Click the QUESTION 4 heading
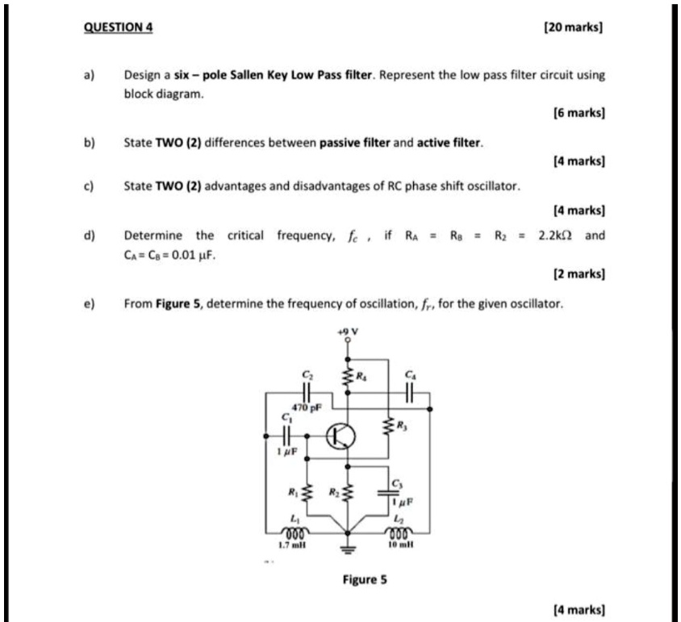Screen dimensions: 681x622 tap(119, 27)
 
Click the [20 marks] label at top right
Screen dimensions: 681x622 tap(574, 27)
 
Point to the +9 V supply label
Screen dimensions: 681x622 tap(348, 331)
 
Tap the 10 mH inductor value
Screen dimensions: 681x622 tap(399, 545)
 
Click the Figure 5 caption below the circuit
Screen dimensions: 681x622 tap(365, 578)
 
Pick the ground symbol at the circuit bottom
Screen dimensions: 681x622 tap(348, 551)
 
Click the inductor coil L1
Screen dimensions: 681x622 tap(291, 533)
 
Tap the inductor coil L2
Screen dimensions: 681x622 tap(400, 533)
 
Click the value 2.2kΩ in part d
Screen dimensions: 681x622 tap(557, 236)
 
